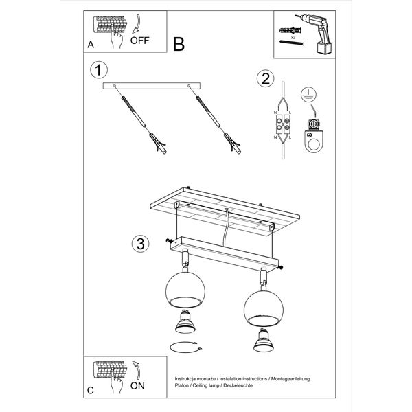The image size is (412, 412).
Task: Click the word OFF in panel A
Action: click(x=139, y=41)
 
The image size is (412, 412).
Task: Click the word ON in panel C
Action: click(x=137, y=386)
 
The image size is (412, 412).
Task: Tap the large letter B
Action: click(x=179, y=44)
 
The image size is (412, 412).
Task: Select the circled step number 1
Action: click(x=99, y=70)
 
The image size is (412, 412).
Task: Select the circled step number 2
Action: click(x=265, y=78)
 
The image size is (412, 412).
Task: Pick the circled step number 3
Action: click(x=141, y=244)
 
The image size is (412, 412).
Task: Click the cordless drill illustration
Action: click(x=315, y=34)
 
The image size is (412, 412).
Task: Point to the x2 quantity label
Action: click(x=293, y=38)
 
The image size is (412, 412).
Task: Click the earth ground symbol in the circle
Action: click(x=308, y=95)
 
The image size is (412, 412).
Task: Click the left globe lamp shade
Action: click(x=185, y=290)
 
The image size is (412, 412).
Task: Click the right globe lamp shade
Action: click(x=264, y=308)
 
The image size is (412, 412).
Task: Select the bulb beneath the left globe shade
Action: click(x=185, y=321)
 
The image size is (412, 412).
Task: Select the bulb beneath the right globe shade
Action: click(x=264, y=340)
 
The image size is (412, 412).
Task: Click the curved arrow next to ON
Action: click(x=136, y=370)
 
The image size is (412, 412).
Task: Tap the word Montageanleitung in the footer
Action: click(x=290, y=379)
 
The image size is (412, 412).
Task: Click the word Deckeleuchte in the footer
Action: click(x=238, y=385)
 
